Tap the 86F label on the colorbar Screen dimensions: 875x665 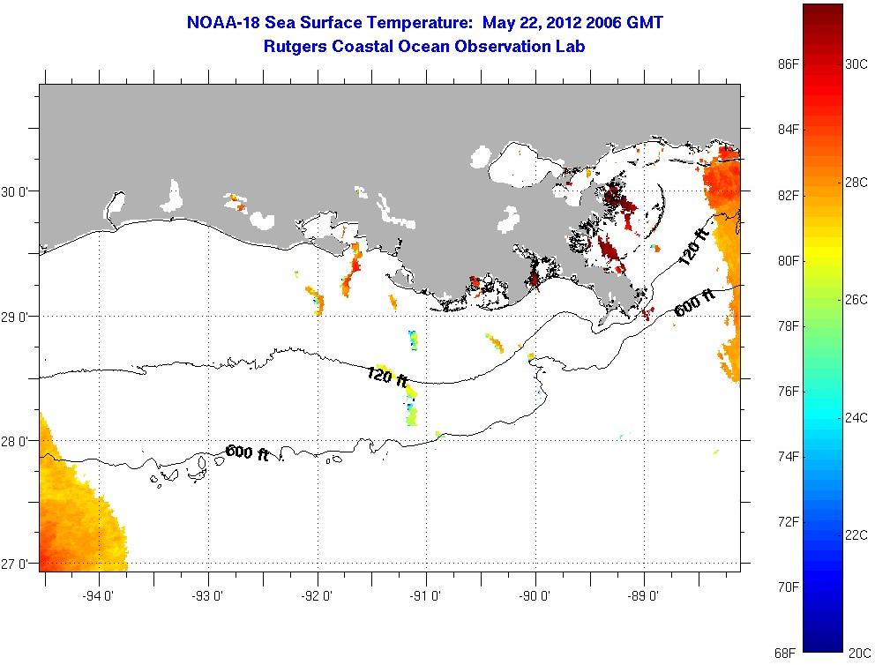pyautogui.click(x=788, y=64)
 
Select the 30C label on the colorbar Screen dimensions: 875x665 pyautogui.click(x=856, y=64)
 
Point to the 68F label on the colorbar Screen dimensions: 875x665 pyautogui.click(x=786, y=653)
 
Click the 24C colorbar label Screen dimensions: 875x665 pyautogui.click(x=856, y=418)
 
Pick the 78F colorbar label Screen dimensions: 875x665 pyautogui.click(x=788, y=325)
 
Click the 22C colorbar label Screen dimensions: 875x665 pyautogui.click(x=856, y=535)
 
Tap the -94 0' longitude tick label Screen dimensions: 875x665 pyautogui.click(x=98, y=596)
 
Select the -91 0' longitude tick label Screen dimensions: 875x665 pyautogui.click(x=425, y=596)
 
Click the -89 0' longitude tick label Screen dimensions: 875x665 pyautogui.click(x=643, y=596)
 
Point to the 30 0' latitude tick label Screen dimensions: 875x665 pyautogui.click(x=13, y=192)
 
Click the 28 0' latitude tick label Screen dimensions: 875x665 pyautogui.click(x=13, y=441)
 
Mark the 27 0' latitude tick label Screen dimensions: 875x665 pyautogui.click(x=13, y=564)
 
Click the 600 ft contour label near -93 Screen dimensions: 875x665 pyautogui.click(x=247, y=452)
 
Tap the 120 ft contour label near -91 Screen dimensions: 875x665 pyautogui.click(x=387, y=377)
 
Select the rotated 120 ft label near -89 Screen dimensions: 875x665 pyautogui.click(x=693, y=248)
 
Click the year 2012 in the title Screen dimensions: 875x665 pyautogui.click(x=564, y=23)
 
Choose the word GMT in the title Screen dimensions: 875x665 pyautogui.click(x=645, y=23)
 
